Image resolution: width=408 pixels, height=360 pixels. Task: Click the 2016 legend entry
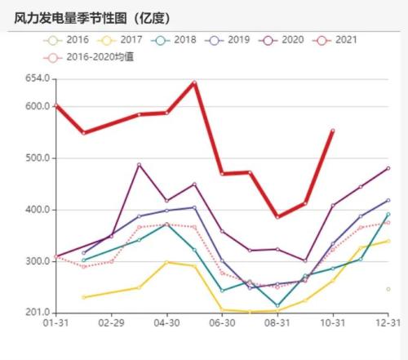71,39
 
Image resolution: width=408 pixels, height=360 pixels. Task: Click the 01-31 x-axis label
55,324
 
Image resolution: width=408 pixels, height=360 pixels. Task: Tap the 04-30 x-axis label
166,324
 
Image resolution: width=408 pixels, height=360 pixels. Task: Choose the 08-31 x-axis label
277,324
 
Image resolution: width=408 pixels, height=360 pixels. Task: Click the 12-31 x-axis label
388,324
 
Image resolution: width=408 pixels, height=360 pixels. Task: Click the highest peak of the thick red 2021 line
194,82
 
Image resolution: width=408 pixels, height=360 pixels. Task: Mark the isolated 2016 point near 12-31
388,289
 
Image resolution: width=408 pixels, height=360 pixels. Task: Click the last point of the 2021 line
332,131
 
